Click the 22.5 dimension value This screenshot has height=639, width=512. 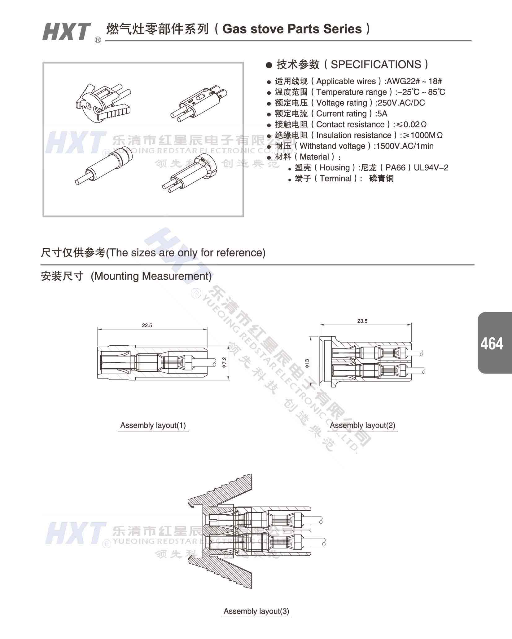point(147,325)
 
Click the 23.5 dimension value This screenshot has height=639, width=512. point(362,321)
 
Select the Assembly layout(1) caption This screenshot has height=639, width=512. point(153,425)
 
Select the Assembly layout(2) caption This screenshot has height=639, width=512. point(362,425)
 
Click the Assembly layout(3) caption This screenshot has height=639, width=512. point(256,611)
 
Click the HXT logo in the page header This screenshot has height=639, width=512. point(67,32)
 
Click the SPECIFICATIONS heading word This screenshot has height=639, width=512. point(376,64)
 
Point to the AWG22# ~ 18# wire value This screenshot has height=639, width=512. point(414,81)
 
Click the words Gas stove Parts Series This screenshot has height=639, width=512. point(292,29)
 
